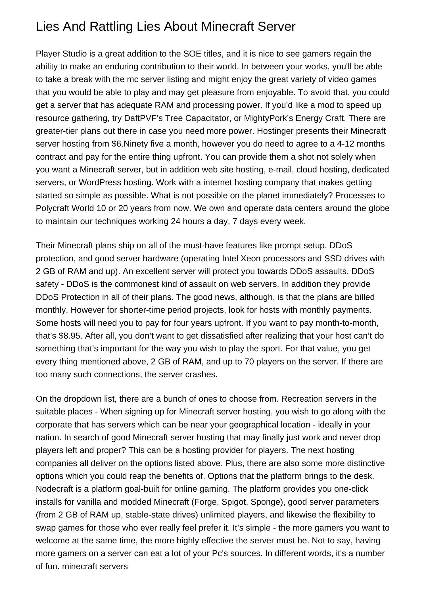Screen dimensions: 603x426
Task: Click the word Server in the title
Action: (x=277, y=27)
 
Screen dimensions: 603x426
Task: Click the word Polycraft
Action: (x=53, y=208)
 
